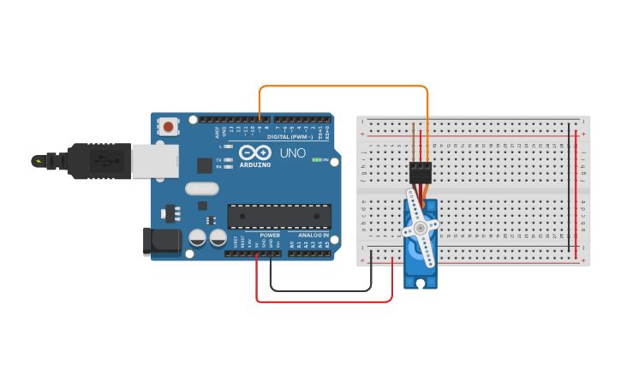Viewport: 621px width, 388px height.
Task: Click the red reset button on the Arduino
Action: pyautogui.click(x=169, y=128)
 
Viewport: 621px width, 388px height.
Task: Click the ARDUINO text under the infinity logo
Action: pyautogui.click(x=255, y=164)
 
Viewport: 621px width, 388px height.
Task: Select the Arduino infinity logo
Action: pyautogui.click(x=254, y=152)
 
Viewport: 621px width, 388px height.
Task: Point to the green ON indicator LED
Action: pyautogui.click(x=317, y=160)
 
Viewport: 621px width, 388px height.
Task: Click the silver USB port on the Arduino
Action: pyautogui.click(x=155, y=161)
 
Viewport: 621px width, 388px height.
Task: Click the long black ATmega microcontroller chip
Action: pyautogui.click(x=279, y=217)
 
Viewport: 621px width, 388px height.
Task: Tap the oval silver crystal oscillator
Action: pyautogui.click(x=202, y=189)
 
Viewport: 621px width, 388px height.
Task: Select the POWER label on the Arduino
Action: pyautogui.click(x=270, y=235)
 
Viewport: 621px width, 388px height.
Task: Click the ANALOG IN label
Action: pyautogui.click(x=313, y=235)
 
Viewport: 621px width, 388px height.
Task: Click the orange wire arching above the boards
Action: pyautogui.click(x=343, y=86)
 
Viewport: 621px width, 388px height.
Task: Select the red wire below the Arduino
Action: pyautogui.click(x=325, y=301)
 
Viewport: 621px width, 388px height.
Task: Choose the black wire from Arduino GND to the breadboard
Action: pyautogui.click(x=321, y=290)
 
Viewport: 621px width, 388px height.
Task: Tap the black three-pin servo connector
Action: pyautogui.click(x=420, y=171)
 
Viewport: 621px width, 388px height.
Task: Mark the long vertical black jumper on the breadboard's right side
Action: pyautogui.click(x=568, y=188)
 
